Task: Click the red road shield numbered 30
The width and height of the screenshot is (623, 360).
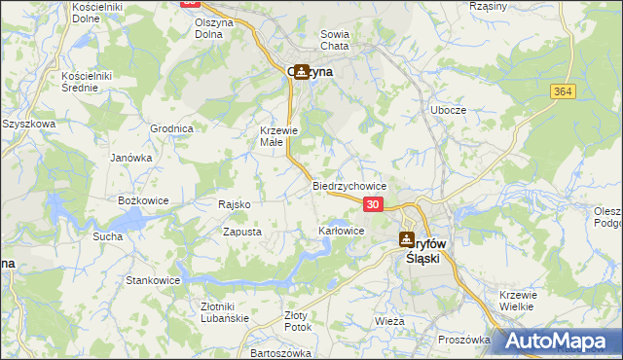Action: (x=374, y=204)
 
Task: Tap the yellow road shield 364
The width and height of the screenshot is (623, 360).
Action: (x=562, y=91)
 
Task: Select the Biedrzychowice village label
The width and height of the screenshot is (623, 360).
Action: (x=350, y=186)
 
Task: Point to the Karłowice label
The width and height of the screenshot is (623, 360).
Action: (x=342, y=231)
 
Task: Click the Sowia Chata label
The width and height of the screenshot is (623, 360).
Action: (x=335, y=40)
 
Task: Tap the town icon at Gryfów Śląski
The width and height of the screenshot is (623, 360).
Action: (x=407, y=239)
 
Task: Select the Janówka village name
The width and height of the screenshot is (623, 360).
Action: (x=131, y=158)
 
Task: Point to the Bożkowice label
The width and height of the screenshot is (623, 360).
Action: (x=144, y=199)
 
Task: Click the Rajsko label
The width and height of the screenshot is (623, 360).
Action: (x=235, y=205)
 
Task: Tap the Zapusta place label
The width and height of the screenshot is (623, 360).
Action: (x=242, y=233)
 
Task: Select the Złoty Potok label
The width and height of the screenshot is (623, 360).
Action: (x=295, y=321)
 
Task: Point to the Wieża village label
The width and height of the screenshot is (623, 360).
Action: (x=388, y=320)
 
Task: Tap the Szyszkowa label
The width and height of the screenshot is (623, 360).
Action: (x=25, y=125)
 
